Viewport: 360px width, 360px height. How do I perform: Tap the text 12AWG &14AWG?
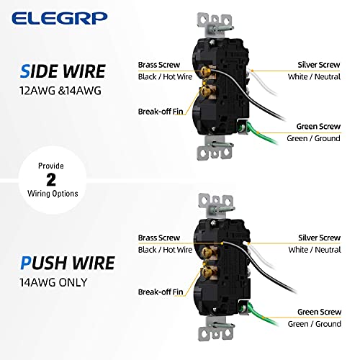[x=55, y=91]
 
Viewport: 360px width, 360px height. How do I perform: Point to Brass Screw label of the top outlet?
[x=159, y=64]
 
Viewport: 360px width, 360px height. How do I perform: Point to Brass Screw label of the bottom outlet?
[x=159, y=237]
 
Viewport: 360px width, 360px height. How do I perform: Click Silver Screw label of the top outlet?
[x=319, y=64]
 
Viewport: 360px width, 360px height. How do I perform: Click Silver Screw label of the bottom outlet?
[x=319, y=237]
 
